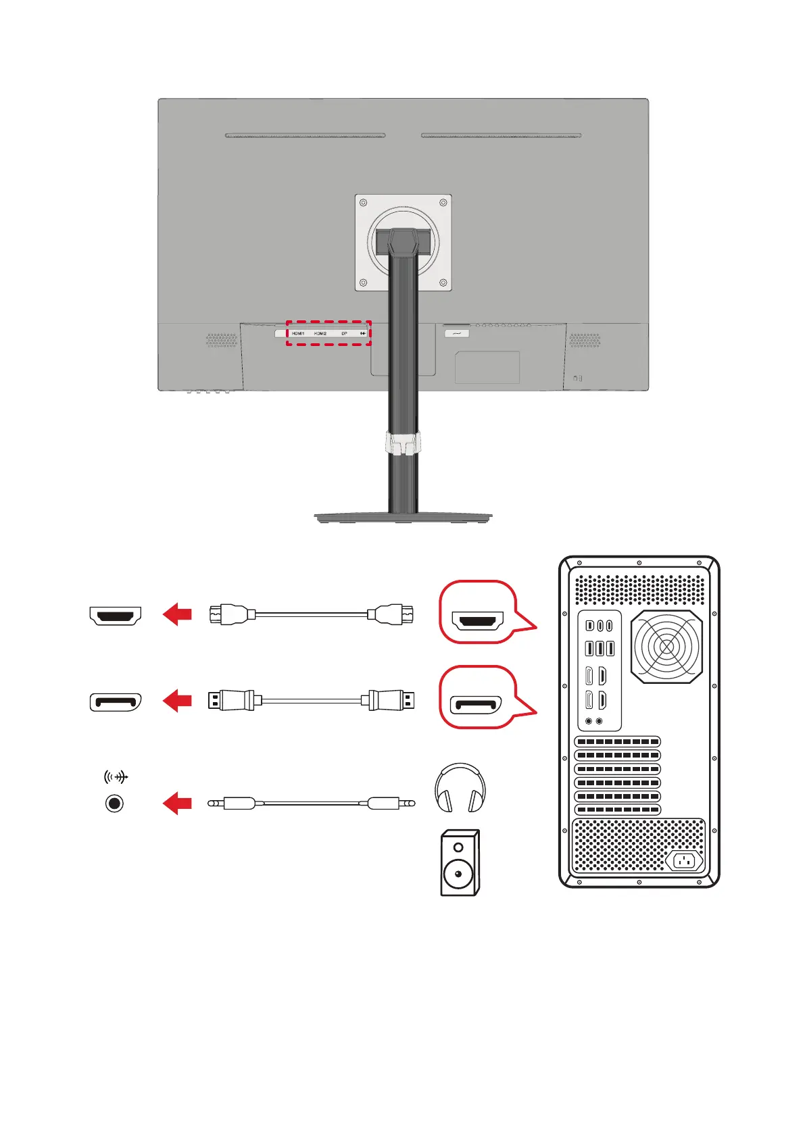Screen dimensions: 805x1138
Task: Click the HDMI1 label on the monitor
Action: tap(298, 334)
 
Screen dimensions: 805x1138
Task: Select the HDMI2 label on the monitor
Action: tap(320, 334)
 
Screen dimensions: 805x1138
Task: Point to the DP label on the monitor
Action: tap(344, 334)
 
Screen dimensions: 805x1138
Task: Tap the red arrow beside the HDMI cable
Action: tap(178, 615)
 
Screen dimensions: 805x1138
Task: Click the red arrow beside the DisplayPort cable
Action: tap(178, 700)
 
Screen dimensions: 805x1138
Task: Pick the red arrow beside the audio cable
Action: tap(178, 803)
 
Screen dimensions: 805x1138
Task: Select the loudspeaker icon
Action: tap(460, 862)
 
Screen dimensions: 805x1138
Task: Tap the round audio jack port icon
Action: tap(115, 803)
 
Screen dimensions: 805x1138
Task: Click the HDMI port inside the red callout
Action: tap(477, 620)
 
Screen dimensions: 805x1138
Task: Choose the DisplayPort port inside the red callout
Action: tap(477, 705)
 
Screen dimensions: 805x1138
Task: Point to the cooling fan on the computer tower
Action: tap(666, 647)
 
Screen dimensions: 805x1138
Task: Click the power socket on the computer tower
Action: tap(685, 861)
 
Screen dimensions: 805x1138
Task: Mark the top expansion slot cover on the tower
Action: tap(617, 742)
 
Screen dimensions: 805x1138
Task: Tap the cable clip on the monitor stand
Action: tap(403, 443)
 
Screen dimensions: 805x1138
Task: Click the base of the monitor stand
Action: tap(403, 518)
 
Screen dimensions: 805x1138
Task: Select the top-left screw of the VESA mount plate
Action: tap(364, 203)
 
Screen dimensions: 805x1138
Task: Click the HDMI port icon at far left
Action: tap(116, 616)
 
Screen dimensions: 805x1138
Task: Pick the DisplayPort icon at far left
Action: tap(116, 702)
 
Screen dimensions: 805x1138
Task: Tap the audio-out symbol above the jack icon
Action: tap(116, 777)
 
